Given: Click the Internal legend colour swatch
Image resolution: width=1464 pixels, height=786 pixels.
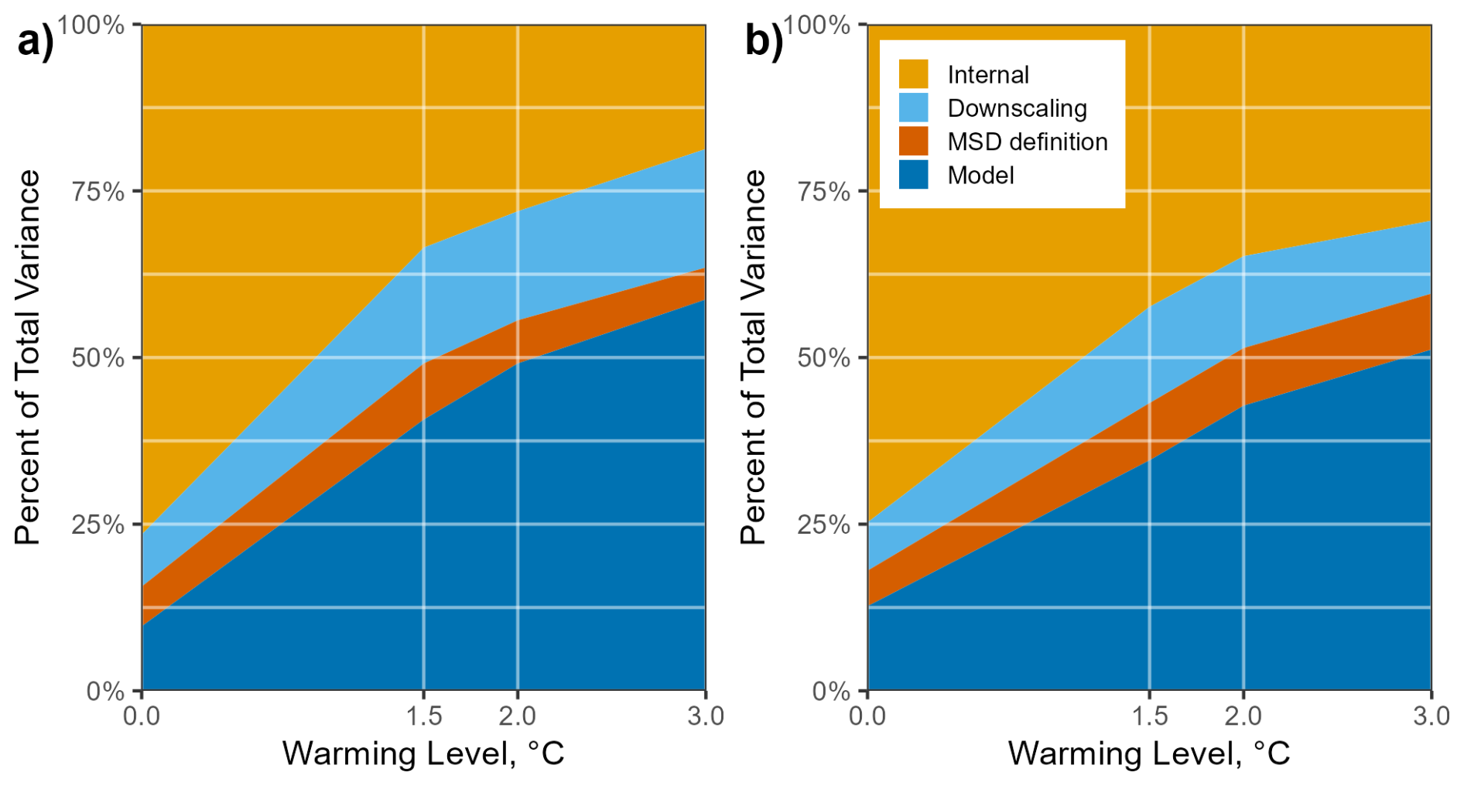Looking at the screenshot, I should point(913,74).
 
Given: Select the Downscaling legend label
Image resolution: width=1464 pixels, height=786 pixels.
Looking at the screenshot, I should point(1017,108).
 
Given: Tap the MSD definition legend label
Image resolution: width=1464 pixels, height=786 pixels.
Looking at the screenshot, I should point(1027,142).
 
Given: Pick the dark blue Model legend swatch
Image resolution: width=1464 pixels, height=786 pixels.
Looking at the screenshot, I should point(913,175).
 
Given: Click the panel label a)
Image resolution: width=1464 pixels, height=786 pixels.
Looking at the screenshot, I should point(36,40).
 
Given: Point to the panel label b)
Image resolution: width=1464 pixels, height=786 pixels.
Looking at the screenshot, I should point(763,40).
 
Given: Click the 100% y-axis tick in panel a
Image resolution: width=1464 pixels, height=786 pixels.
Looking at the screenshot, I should point(91,25).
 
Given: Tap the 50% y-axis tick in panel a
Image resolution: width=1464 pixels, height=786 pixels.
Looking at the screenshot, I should point(98,357).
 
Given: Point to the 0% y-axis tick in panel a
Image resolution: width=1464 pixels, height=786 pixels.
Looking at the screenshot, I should point(105,691).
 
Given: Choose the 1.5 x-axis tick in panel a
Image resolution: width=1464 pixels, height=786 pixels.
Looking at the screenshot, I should point(423,716).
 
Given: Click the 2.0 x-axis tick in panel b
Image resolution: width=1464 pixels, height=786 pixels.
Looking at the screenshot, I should point(1243,716).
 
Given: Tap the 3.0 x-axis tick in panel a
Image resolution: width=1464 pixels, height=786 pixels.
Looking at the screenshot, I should point(705,716).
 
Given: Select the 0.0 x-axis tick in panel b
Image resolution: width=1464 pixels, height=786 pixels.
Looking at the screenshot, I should point(867,716).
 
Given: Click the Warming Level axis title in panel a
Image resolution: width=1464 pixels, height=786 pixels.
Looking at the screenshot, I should point(422,753).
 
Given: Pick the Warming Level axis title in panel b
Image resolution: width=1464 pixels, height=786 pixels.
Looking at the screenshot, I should point(1148,753).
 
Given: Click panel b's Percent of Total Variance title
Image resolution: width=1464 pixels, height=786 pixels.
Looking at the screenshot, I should point(752,357).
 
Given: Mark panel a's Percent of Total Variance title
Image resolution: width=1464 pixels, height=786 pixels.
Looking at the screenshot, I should point(27,357).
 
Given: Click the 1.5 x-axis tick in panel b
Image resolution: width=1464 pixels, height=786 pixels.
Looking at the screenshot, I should point(1149,716).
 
